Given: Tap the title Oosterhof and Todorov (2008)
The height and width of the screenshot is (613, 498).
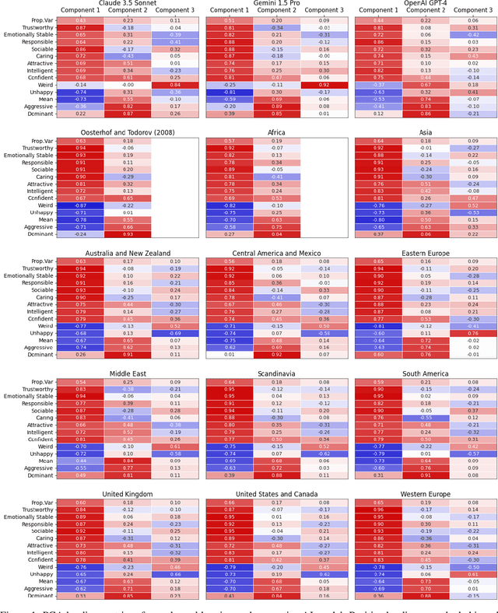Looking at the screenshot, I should tap(127, 132).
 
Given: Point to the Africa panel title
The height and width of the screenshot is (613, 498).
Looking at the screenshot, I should tap(276, 132).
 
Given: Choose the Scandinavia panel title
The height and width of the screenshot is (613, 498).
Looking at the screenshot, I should tap(276, 373).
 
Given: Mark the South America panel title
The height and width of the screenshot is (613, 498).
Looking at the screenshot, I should tap(426, 373).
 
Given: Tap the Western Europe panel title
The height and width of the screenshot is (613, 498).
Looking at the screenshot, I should tap(426, 494).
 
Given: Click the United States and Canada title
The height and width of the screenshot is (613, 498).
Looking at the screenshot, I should tap(276, 494).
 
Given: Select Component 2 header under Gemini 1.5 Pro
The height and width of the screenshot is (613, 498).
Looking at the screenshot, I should tap(276, 11).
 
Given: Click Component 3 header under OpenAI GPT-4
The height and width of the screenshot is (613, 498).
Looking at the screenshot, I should tap(474, 11).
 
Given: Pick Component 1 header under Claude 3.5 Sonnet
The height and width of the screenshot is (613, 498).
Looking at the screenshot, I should tap(79, 11).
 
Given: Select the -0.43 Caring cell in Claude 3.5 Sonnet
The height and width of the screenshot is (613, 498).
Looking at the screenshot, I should tap(127, 56).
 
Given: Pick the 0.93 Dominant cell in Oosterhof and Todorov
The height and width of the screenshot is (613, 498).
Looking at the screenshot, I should tap(127, 234).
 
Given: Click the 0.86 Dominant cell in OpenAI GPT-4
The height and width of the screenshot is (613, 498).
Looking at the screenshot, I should tap(426, 113).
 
